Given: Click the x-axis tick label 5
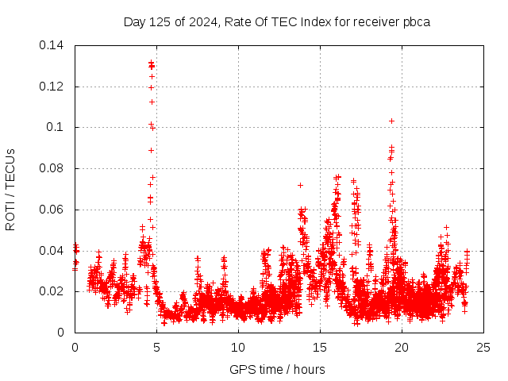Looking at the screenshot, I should pos(156,347).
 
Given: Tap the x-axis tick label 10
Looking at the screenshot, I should pos(238,347).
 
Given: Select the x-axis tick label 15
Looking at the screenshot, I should pos(320,347).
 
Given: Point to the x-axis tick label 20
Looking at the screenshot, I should pos(402,347).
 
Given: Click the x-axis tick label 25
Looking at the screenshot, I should pos(483,347).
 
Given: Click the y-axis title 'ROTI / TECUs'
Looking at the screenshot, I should pos(10,189).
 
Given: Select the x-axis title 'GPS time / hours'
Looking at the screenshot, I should pos(277,369).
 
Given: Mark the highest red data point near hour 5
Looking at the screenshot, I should pos(151,62).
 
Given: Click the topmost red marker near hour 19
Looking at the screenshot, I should pos(391,121).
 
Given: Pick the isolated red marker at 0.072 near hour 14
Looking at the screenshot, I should pos(300,185).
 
